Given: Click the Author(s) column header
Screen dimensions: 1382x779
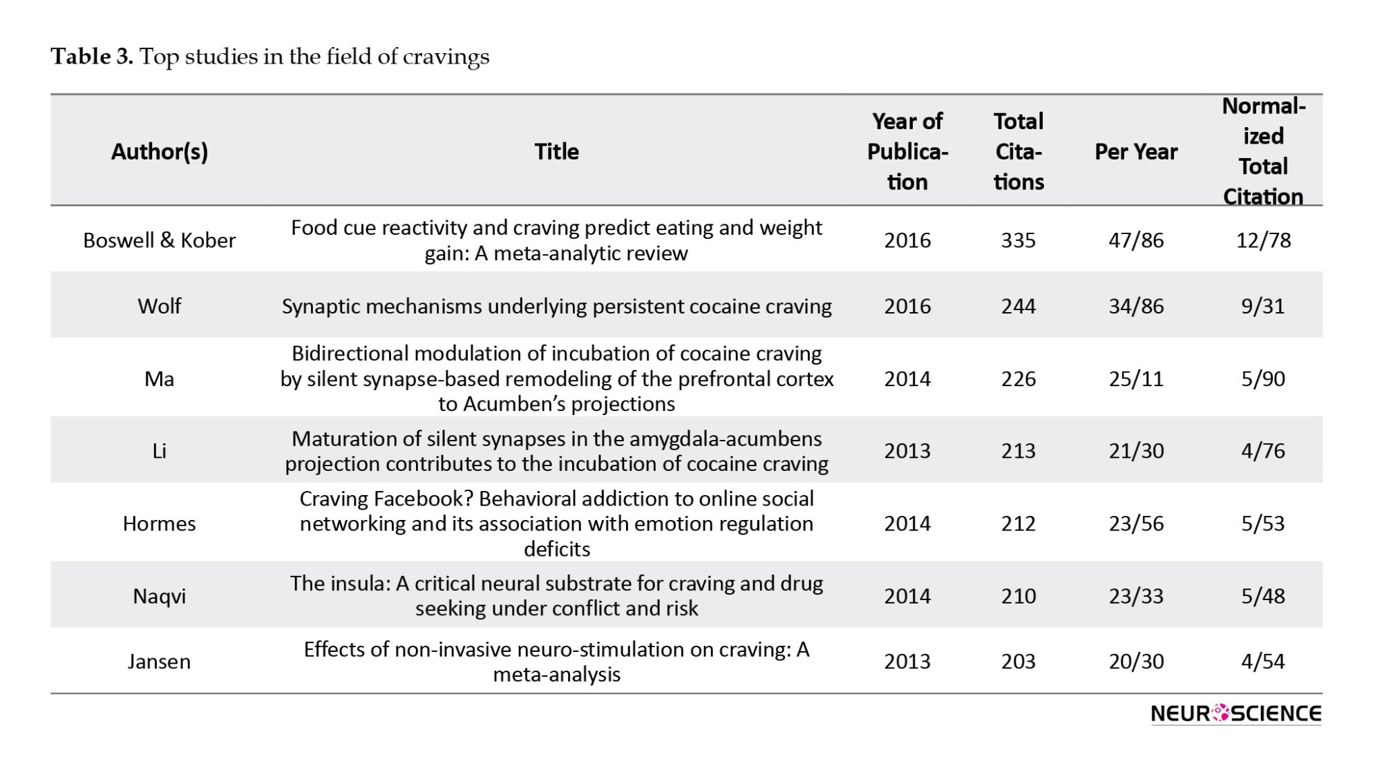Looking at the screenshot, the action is point(159,151).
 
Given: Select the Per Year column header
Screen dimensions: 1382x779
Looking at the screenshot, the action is point(1136,151).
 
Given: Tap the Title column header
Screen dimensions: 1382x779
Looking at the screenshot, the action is point(556,151).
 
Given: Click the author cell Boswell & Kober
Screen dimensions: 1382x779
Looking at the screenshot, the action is point(159,240).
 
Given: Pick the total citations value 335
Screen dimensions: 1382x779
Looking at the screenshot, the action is point(1018,240).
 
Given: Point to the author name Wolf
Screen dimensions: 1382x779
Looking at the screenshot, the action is point(159,306).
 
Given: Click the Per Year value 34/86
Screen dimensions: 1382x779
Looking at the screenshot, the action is point(1136,306).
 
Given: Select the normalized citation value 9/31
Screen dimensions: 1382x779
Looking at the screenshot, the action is point(1262,306).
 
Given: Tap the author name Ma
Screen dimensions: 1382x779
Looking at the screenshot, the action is point(159,378).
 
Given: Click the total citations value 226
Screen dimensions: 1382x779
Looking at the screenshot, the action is point(1018,378).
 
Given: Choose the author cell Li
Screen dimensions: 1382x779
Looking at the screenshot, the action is point(159,450).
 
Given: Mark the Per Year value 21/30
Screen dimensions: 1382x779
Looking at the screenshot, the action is point(1136,450).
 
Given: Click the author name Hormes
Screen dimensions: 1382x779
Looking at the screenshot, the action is point(159,523).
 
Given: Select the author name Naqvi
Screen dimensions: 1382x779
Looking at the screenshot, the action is point(159,596).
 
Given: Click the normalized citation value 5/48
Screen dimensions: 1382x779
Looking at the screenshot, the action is point(1262,596).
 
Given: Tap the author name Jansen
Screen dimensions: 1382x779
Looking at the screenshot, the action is point(159,662).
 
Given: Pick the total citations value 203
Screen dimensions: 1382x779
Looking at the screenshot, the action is point(1018,662).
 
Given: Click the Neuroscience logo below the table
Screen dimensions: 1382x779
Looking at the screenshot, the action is point(1236,713).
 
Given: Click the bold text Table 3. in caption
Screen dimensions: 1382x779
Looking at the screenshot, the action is point(91,56).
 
